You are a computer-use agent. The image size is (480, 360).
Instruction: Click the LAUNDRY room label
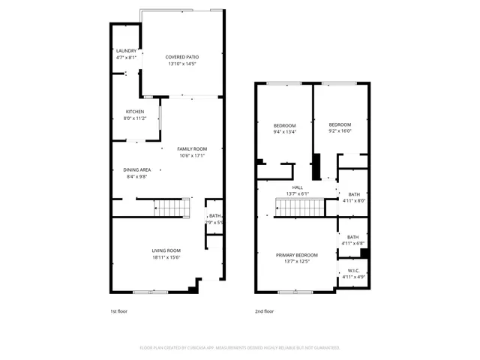pos(126,50)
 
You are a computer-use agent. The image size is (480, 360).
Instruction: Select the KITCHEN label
pos(135,112)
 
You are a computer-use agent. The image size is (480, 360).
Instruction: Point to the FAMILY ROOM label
pos(191,148)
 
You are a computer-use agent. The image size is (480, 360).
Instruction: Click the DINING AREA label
pos(137,169)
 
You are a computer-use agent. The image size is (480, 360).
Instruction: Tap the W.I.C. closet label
pos(353,271)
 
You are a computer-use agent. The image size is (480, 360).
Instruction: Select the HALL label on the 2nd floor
pos(297,187)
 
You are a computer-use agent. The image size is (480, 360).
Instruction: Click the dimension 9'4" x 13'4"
pos(284,132)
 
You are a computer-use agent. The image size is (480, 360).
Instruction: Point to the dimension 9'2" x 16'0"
pos(340,131)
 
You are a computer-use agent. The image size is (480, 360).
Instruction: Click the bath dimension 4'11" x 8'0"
pos(353,200)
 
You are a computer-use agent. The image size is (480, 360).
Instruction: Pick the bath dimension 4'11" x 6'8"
pos(353,243)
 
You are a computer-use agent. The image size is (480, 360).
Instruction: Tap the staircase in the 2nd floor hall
pos(301,208)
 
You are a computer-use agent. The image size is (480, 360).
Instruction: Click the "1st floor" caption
pos(119,310)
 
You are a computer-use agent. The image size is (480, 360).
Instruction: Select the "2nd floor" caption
pos(264,310)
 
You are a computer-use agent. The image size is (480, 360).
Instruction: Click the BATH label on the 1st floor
pos(215,216)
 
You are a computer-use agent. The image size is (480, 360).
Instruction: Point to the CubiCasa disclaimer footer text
pos(240,347)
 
